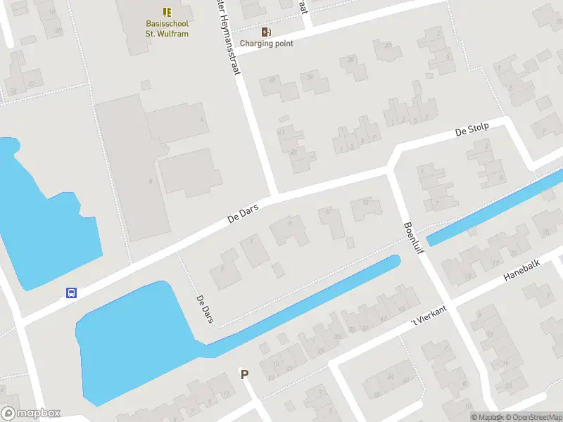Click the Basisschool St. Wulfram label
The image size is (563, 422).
click(x=167, y=28)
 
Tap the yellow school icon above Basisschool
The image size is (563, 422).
click(x=167, y=12)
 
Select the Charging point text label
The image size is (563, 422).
click(x=266, y=43)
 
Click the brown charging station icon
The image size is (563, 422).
click(x=266, y=32)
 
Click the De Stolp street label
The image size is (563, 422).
click(x=472, y=131)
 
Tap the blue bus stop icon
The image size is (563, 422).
click(x=71, y=293)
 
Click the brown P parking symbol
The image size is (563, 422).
click(x=245, y=375)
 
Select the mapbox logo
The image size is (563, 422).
click(x=31, y=414)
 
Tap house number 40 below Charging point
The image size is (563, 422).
click(x=273, y=82)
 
